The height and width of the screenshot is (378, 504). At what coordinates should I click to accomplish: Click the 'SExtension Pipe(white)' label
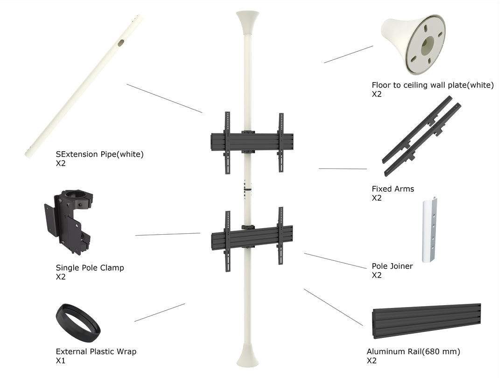point(100,154)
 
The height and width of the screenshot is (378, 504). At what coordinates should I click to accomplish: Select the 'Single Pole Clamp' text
point(90,268)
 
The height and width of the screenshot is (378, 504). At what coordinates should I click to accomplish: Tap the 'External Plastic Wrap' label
point(96,352)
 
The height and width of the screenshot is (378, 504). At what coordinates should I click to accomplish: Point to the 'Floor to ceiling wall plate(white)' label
point(433,85)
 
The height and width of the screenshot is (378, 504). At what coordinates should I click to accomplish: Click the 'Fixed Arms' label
point(393,189)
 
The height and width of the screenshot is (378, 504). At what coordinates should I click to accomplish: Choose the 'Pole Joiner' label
point(392,266)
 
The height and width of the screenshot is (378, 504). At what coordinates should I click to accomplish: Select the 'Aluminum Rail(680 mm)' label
point(413,352)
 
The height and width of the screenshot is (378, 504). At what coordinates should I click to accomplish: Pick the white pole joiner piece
point(430,230)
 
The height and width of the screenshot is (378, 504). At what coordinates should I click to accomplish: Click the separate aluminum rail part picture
point(427,321)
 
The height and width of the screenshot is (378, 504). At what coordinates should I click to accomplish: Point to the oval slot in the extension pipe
point(121,43)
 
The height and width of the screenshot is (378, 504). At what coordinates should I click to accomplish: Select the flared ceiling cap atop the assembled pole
point(247,22)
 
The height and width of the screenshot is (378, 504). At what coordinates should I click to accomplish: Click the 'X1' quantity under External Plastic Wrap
point(60,361)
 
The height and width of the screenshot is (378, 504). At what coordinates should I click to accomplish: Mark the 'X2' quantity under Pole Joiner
point(377,275)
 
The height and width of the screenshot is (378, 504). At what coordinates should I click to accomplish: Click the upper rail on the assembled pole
point(252,142)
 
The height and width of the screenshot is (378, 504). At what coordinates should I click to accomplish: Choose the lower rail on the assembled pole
point(252,237)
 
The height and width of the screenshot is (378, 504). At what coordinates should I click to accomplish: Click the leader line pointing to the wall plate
point(349,54)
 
